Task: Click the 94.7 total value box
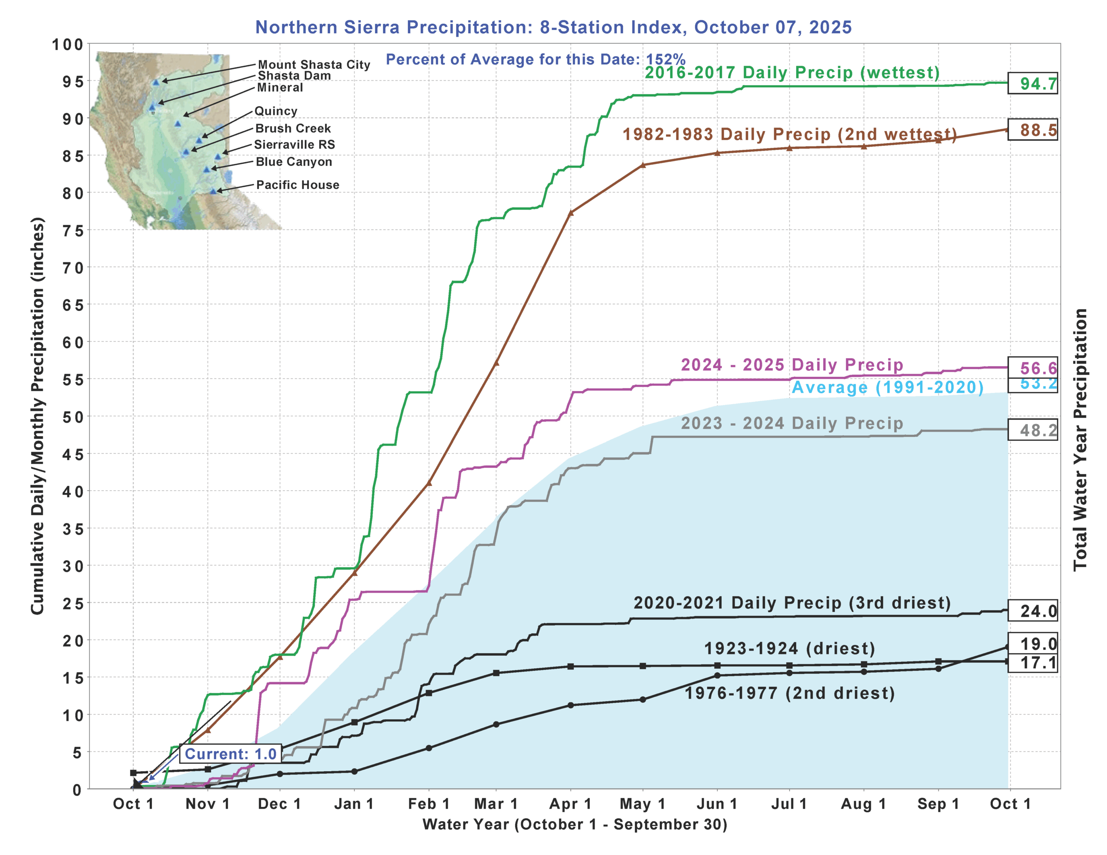(x=1032, y=83)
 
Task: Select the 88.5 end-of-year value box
(x=1032, y=130)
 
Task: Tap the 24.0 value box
(x=1032, y=611)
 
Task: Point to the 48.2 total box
(x=1032, y=430)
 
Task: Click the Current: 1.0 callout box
(x=230, y=754)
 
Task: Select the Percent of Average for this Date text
(x=535, y=59)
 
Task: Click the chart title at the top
(x=553, y=27)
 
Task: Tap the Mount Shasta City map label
(x=314, y=64)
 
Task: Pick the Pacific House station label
(x=298, y=185)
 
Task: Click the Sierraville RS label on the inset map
(x=294, y=144)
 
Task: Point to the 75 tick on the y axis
(x=73, y=230)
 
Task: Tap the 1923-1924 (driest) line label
(x=790, y=648)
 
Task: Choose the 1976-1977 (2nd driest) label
(x=790, y=693)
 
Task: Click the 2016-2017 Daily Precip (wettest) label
(x=792, y=73)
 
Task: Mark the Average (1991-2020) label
(x=887, y=387)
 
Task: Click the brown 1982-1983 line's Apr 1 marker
(x=571, y=213)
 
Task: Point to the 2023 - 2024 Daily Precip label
(x=792, y=423)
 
